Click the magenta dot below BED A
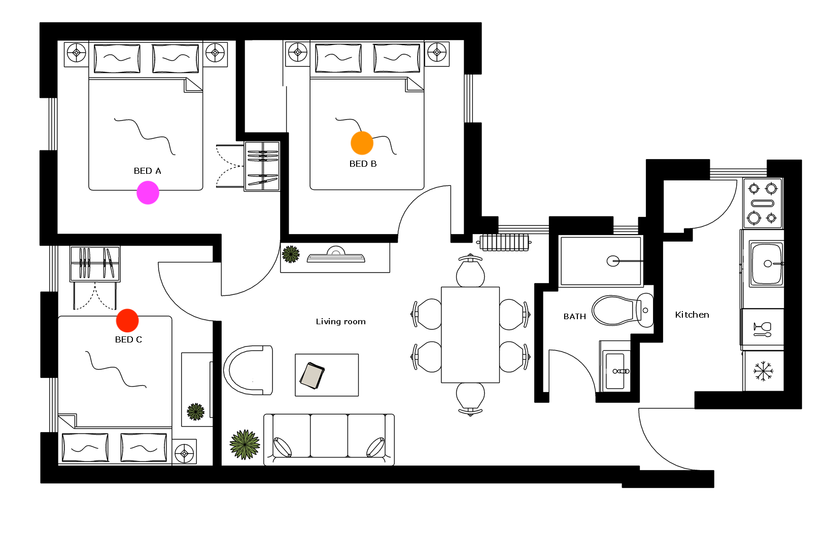[x=148, y=193]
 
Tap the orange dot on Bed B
[x=362, y=143]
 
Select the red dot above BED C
[x=127, y=321]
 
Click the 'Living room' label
[x=340, y=322]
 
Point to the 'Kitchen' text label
[x=692, y=315]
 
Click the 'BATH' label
[x=574, y=317]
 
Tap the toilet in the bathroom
[x=623, y=310]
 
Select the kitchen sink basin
[x=766, y=263]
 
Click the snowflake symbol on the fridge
[x=763, y=371]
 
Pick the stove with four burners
[x=763, y=204]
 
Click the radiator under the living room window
[x=504, y=243]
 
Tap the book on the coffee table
[x=313, y=375]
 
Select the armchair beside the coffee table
[x=248, y=370]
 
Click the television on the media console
[x=336, y=255]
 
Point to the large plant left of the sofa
[x=245, y=444]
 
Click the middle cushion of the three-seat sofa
[x=329, y=436]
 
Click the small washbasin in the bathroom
[x=615, y=371]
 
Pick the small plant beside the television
[x=291, y=254]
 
